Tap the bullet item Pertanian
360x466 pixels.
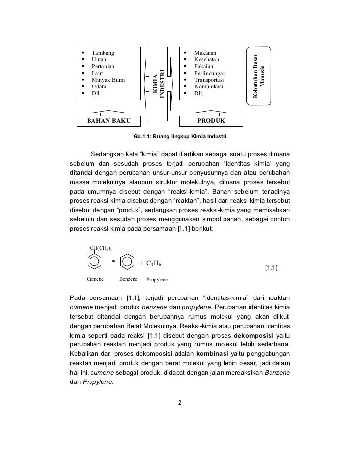pos(103,66)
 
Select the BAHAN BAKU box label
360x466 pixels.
pos(106,121)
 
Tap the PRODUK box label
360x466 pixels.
pos(211,121)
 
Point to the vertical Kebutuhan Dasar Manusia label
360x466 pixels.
pos(259,74)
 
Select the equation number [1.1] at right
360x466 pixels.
pos(271,268)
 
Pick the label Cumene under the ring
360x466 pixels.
pos(95,279)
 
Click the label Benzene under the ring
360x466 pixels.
pos(129,279)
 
